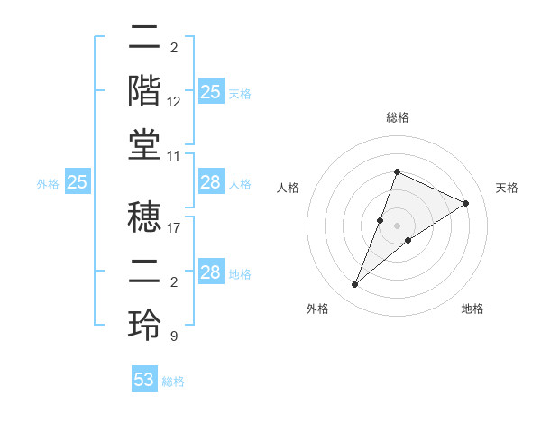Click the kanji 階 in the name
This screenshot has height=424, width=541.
(x=145, y=90)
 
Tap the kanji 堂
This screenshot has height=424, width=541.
(x=145, y=144)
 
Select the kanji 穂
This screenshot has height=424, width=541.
(x=145, y=217)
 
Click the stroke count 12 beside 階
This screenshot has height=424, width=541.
(x=174, y=102)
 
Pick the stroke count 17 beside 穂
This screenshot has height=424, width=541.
(x=174, y=228)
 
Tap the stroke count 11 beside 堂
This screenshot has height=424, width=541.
(x=174, y=156)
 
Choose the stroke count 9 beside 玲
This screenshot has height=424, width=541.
(x=173, y=336)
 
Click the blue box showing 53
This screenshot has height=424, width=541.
(x=143, y=380)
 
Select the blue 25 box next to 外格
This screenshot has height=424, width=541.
(x=77, y=182)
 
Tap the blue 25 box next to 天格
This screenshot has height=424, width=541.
(x=210, y=92)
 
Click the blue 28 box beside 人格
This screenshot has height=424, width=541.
(x=210, y=182)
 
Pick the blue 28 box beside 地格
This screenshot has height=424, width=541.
(x=210, y=272)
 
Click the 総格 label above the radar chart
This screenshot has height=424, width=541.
(x=397, y=117)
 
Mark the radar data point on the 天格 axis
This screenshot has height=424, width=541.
(x=465, y=204)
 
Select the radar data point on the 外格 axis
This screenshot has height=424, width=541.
(x=354, y=285)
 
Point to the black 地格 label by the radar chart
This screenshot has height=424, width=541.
(x=472, y=309)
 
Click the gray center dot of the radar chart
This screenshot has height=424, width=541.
(x=397, y=226)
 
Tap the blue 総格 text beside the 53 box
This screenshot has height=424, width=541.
(x=173, y=382)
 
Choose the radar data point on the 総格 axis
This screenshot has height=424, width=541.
(x=397, y=172)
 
